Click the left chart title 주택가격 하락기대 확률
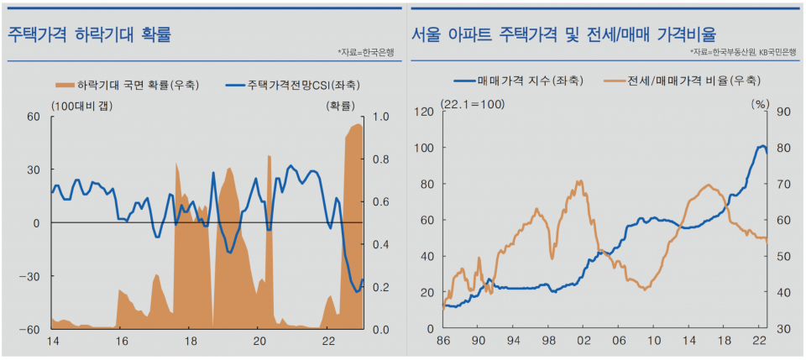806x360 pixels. click(x=90, y=34)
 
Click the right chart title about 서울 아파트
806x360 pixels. click(x=563, y=34)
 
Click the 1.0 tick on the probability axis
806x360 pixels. click(x=379, y=117)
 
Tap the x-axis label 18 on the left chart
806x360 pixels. click(x=190, y=342)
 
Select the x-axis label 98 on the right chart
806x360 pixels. click(x=548, y=342)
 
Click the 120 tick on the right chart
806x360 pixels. click(x=426, y=111)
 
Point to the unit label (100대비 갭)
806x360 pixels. click(x=81, y=105)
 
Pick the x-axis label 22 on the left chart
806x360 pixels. click(x=328, y=342)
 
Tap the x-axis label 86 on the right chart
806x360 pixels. click(x=442, y=342)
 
